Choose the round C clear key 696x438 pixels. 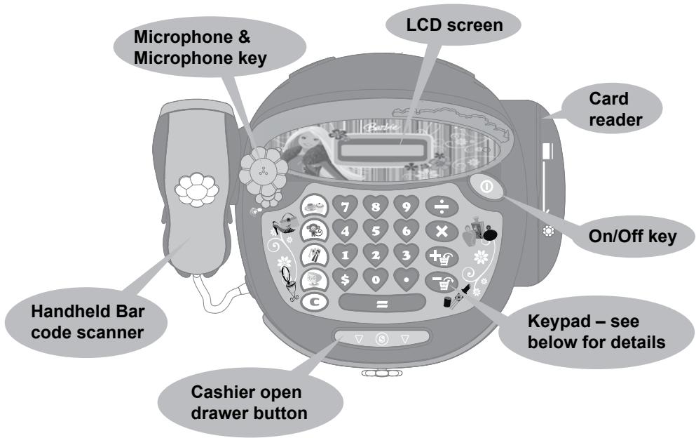(313, 304)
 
